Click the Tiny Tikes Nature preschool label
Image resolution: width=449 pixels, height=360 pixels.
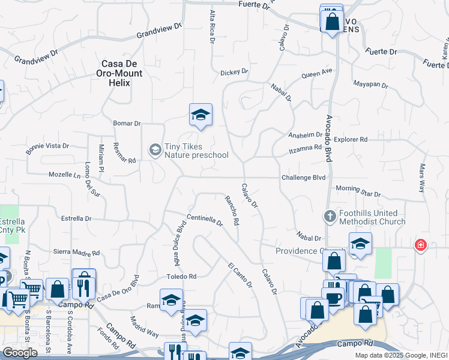[x=196, y=151]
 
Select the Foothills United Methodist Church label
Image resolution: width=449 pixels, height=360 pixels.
[x=369, y=217]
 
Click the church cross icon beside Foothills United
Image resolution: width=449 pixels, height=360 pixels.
[x=330, y=216]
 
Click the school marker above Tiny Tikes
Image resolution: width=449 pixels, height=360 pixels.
[x=200, y=114]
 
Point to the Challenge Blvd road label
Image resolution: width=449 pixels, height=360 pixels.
[x=303, y=178]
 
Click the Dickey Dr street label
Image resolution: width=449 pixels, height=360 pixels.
[x=234, y=72]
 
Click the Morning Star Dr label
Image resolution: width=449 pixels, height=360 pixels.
[x=358, y=191]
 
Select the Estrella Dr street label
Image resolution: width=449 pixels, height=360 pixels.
[x=76, y=218]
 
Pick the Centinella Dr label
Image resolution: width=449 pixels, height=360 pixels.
[x=205, y=220]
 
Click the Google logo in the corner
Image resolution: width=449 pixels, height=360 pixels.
[x=20, y=353]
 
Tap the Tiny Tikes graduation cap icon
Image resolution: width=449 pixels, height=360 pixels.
[x=155, y=149]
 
